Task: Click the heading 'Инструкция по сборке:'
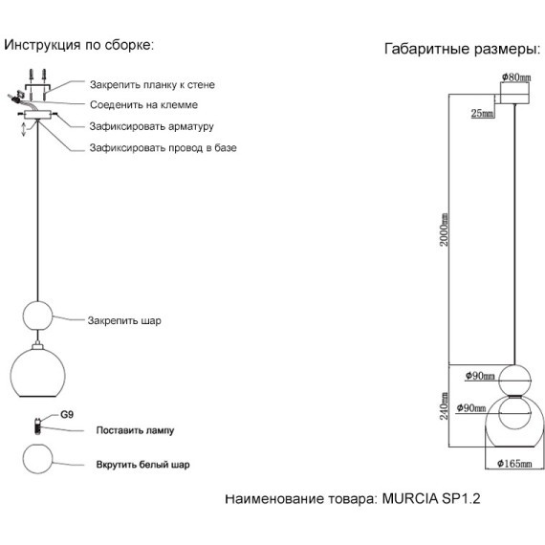click(79, 46)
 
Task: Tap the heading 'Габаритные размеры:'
click(463, 49)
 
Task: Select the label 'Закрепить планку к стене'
click(152, 85)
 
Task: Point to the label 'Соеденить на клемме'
click(143, 104)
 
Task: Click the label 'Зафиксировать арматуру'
click(151, 126)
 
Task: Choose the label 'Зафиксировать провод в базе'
click(163, 148)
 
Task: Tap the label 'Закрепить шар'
click(124, 320)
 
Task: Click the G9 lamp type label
click(67, 414)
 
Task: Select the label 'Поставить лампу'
click(135, 430)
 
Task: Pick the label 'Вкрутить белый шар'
click(142, 465)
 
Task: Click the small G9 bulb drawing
click(37, 425)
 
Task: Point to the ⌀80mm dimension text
click(516, 76)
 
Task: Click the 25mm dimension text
click(483, 113)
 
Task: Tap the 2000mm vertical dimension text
click(444, 229)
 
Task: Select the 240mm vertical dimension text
click(444, 406)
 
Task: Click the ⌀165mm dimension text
click(514, 464)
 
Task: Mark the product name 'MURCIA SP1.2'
click(431, 499)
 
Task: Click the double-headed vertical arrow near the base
click(24, 129)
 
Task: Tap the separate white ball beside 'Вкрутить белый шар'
click(37, 459)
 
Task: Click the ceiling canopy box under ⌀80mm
click(514, 93)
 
